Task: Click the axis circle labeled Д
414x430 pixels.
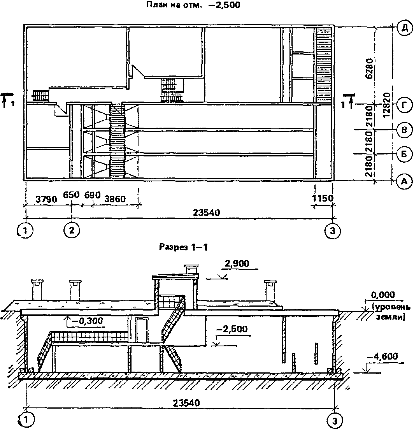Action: (x=404, y=28)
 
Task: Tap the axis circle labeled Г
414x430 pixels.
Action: (x=404, y=105)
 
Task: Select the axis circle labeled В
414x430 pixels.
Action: (x=404, y=129)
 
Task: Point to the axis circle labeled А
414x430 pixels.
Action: (x=404, y=180)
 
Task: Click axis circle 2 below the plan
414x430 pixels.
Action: (x=72, y=230)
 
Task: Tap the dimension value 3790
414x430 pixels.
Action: (x=45, y=199)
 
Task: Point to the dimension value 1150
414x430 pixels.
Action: (x=323, y=198)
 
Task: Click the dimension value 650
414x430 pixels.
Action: (x=71, y=195)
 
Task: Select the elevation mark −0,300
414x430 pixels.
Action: (x=86, y=321)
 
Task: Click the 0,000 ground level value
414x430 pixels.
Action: (x=383, y=295)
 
